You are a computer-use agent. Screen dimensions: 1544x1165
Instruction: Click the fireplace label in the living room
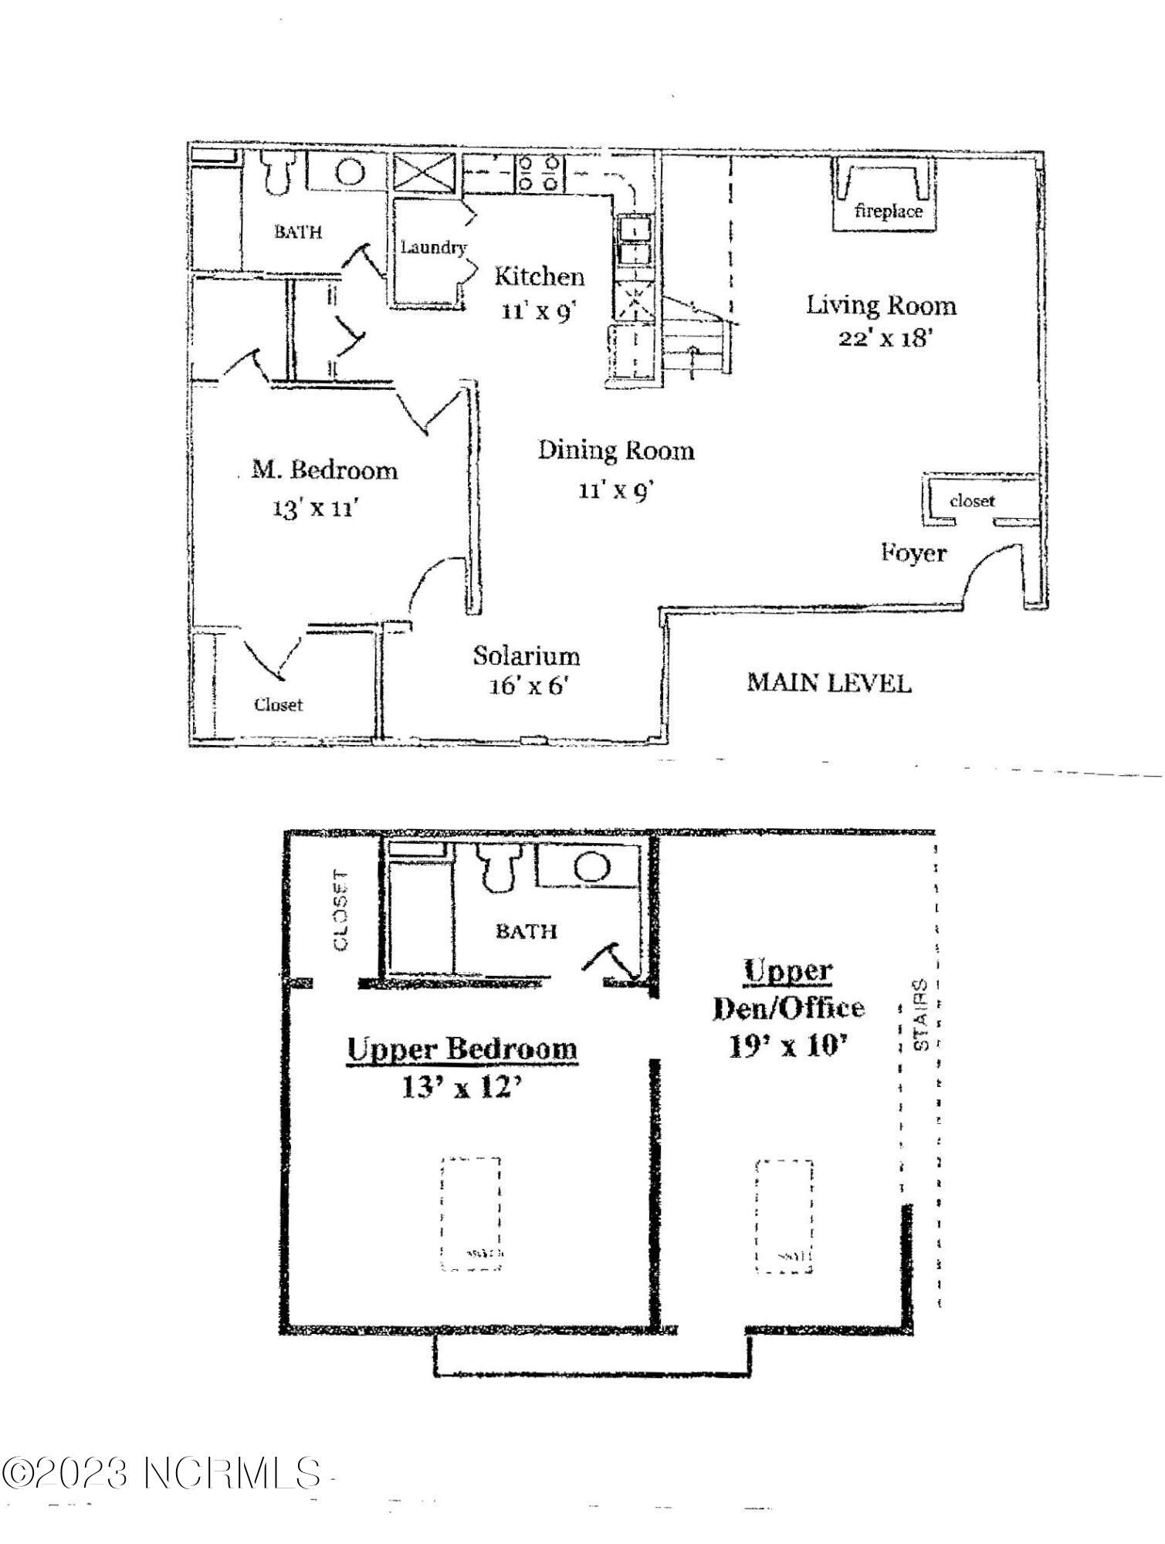click(x=888, y=211)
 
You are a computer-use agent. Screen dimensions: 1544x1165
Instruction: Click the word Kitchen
click(x=539, y=276)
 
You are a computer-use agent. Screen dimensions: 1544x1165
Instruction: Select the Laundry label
click(x=433, y=247)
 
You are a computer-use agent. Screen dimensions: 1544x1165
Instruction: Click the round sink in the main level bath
click(x=350, y=171)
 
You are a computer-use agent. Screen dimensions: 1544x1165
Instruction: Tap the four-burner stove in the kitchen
click(x=538, y=173)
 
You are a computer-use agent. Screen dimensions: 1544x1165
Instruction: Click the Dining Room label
click(x=615, y=450)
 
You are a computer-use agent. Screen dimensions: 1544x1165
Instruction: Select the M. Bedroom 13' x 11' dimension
click(x=316, y=508)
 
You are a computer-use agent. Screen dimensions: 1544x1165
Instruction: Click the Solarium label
click(x=527, y=655)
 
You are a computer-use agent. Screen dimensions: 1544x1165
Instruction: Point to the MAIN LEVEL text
click(x=828, y=682)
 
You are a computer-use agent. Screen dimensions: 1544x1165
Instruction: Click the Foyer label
click(x=913, y=553)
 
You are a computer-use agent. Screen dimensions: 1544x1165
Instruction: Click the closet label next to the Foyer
click(x=972, y=501)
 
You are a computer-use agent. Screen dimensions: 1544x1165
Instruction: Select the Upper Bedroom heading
click(x=462, y=1049)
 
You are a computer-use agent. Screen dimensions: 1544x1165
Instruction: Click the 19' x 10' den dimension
click(x=787, y=1046)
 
